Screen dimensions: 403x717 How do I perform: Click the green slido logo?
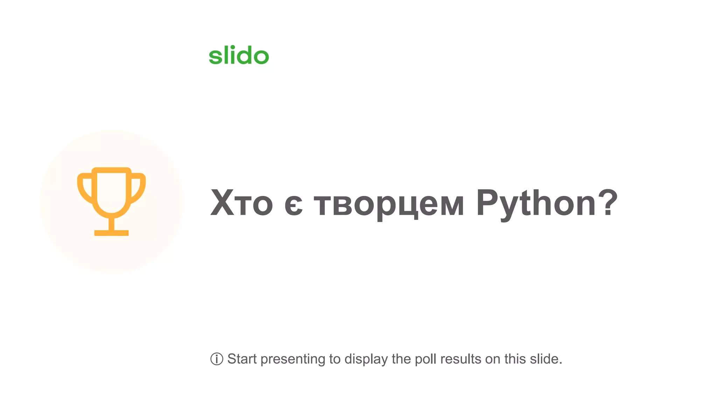pyautogui.click(x=239, y=55)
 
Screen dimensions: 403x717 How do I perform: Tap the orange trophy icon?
pyautogui.click(x=111, y=201)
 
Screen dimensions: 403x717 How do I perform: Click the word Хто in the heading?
pyautogui.click(x=241, y=203)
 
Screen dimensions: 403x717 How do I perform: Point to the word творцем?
pyautogui.click(x=389, y=205)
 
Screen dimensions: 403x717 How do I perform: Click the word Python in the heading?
pyautogui.click(x=536, y=203)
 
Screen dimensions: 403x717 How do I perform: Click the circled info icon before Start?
pyautogui.click(x=217, y=359)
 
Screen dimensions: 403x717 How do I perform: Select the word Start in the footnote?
pyautogui.click(x=242, y=359)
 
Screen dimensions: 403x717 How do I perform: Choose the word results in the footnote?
pyautogui.click(x=461, y=359)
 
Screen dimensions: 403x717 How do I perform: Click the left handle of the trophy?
pyautogui.click(x=85, y=187)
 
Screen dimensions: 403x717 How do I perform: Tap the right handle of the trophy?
pyautogui.click(x=138, y=187)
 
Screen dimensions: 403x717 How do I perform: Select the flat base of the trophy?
pyautogui.click(x=111, y=233)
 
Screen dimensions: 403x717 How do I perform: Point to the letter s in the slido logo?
pyautogui.click(x=215, y=57)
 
